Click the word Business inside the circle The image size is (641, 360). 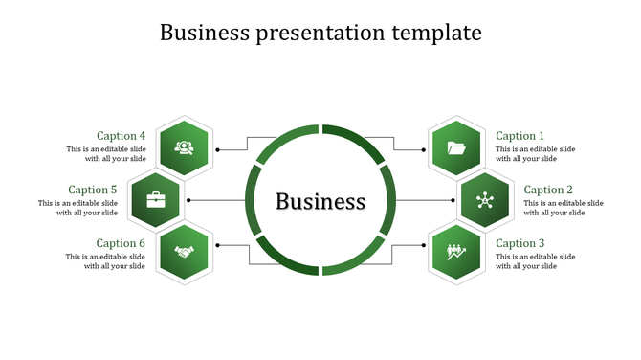point(320,201)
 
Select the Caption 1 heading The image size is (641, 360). point(519,136)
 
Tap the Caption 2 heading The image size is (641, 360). point(548,190)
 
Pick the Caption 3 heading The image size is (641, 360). point(519,243)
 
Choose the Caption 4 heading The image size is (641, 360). point(122,136)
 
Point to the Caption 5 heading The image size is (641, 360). point(93,190)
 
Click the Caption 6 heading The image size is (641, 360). point(122,243)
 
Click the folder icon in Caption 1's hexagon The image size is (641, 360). point(456,147)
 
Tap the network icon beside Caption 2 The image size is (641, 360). point(484,200)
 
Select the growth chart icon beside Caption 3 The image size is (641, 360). point(456,252)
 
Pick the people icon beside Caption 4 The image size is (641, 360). point(184,147)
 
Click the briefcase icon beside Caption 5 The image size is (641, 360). point(155,200)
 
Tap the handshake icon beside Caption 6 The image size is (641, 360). point(184,252)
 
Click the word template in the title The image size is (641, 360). point(436,33)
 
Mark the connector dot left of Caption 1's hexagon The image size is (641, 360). point(423,149)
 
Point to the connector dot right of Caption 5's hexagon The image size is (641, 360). point(188,200)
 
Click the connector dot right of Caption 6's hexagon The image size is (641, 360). point(217,245)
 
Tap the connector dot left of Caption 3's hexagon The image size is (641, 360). point(423,245)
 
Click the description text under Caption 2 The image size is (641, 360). point(564,208)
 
